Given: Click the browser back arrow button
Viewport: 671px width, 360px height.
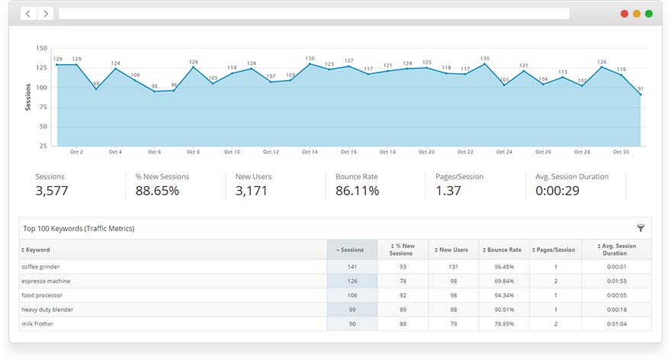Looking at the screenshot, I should [28, 14].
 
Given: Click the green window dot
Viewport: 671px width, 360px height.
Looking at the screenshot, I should [649, 14].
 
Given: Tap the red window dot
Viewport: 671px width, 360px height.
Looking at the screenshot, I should [624, 14].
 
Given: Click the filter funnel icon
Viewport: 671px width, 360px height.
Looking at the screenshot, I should [640, 227].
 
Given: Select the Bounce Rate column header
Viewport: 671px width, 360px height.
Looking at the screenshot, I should [503, 249].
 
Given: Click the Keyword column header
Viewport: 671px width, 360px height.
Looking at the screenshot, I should [38, 249].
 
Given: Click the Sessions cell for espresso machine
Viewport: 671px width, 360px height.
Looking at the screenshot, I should [352, 281].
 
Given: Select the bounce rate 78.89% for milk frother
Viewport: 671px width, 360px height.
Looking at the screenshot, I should [503, 324].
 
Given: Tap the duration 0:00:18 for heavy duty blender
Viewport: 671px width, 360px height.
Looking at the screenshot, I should [616, 310].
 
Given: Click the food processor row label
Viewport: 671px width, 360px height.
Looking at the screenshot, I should [43, 295].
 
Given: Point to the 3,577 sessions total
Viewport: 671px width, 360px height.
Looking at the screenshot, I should [52, 191].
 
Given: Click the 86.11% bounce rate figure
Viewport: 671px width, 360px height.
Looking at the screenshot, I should [357, 191].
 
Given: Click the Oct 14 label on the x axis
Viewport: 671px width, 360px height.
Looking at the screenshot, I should [310, 152].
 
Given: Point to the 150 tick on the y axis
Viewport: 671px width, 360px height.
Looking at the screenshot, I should [42, 48].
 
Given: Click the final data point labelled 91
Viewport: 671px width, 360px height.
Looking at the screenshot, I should [640, 95].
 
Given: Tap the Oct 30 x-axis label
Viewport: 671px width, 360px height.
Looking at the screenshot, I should [621, 152].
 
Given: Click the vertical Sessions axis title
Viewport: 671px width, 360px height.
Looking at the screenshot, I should [28, 97].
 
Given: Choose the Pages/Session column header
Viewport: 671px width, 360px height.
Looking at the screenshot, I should [555, 249].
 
